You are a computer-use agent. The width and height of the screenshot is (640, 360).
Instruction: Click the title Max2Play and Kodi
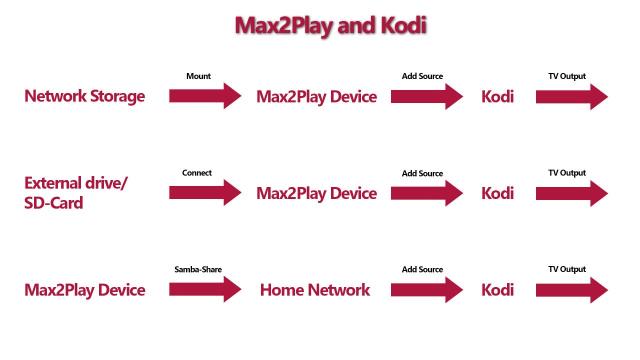click(330, 25)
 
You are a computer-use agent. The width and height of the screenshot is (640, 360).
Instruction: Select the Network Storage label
click(84, 96)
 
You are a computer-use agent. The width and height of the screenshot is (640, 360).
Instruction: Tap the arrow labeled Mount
click(205, 96)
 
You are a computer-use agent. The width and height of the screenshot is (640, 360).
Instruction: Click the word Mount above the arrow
click(198, 76)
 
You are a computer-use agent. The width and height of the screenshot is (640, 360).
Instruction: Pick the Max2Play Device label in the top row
click(316, 96)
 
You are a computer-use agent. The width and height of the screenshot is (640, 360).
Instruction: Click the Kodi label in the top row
click(497, 96)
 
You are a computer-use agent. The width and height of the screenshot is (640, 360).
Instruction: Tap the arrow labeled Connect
click(205, 192)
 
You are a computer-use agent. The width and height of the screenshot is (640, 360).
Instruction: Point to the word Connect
click(197, 173)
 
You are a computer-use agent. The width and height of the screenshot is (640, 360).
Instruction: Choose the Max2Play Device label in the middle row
click(316, 193)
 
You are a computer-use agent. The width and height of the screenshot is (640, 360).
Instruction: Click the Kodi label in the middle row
click(497, 193)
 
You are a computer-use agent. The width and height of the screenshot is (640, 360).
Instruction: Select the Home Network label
click(315, 290)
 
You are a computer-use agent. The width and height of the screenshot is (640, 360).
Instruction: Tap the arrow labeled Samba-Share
click(205, 289)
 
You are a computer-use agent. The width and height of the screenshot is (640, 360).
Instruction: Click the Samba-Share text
click(198, 269)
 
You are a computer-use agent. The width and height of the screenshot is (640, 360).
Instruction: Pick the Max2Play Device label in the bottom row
click(85, 290)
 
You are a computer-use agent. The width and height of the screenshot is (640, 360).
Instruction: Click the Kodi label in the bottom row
click(497, 290)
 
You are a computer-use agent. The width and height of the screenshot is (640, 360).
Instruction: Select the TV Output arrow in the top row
click(571, 96)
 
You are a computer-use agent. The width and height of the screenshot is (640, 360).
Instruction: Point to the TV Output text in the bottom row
click(567, 269)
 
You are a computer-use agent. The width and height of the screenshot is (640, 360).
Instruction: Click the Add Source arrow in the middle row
click(426, 193)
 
